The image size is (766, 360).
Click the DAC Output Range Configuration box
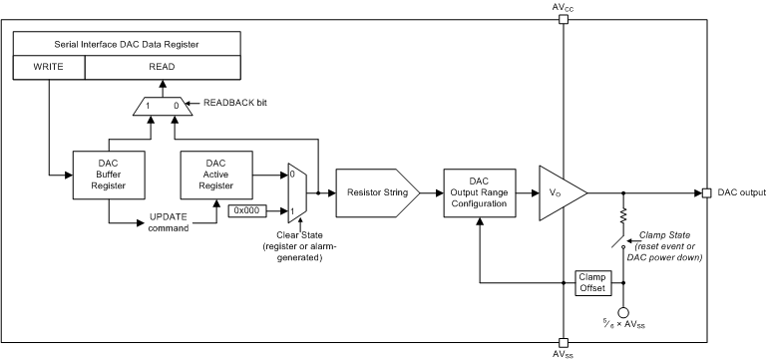coord(481,190)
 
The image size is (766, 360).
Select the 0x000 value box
coord(247,210)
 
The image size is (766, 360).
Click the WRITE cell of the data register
coord(48,68)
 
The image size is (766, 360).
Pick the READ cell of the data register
coord(162,68)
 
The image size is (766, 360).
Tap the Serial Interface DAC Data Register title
coord(127,44)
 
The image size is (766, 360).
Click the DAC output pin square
coord(706,191)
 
